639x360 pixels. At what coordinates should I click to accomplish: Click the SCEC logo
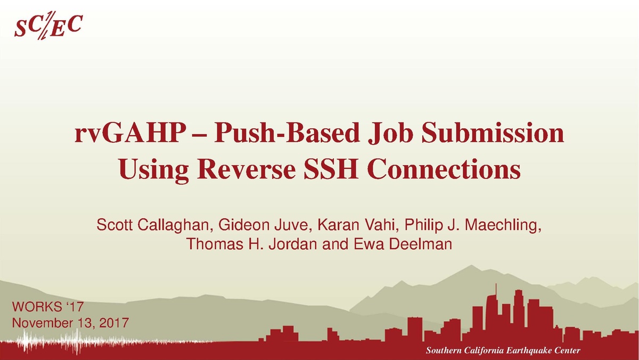(48, 25)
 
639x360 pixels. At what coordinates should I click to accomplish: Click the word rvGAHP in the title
(129, 133)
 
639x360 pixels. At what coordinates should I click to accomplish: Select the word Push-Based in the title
(287, 133)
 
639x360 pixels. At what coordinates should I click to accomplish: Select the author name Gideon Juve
(263, 225)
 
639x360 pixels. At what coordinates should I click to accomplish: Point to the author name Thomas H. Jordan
(251, 244)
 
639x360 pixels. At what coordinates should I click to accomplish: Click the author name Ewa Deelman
(403, 244)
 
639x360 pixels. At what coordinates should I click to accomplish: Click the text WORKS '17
(47, 307)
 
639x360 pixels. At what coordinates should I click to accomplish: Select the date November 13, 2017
(70, 323)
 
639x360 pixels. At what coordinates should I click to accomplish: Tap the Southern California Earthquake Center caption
(503, 350)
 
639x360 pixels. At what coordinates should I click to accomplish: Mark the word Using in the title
(154, 170)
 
